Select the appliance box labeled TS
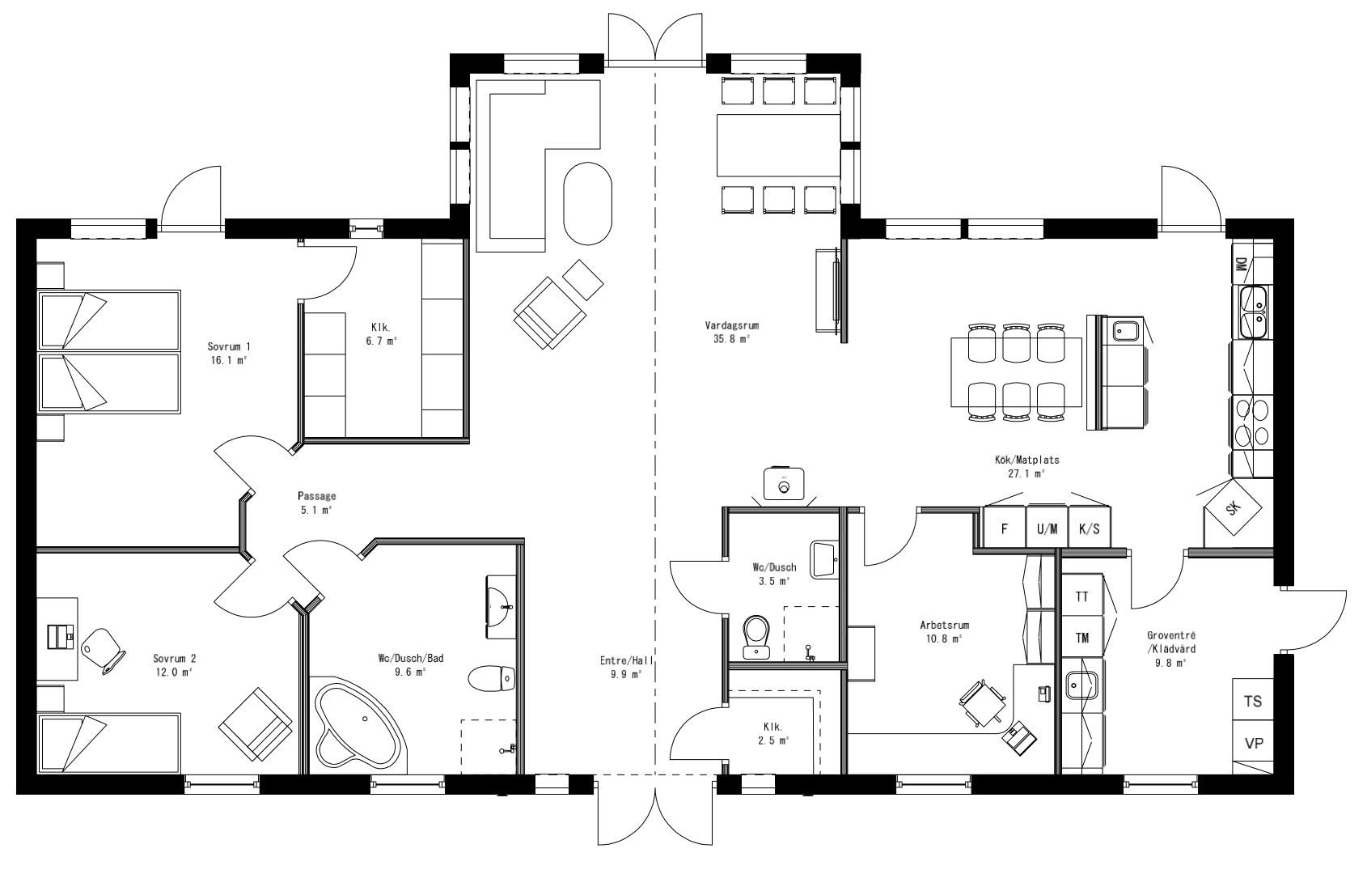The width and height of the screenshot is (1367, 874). coord(1253,702)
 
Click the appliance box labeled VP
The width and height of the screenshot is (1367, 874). coord(1253,743)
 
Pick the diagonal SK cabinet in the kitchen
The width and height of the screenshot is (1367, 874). coord(1232,508)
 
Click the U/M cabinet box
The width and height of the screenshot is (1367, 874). coord(1047,529)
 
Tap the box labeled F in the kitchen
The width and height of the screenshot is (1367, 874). coord(1005,529)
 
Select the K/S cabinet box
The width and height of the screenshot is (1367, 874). coord(1090,529)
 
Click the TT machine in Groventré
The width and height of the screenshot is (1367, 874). coord(1082,596)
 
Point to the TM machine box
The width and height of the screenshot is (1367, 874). coord(1082,638)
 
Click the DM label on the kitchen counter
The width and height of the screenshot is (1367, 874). coord(1241,263)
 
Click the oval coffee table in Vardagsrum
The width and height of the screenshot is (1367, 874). coord(588,203)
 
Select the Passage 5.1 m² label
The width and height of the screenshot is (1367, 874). coord(316,503)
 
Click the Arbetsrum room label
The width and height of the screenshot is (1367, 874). coord(944,631)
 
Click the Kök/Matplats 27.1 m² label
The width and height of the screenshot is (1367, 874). coord(1026,466)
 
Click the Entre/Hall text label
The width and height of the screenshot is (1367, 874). coord(626,667)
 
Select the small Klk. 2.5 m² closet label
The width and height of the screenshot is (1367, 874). coord(773,732)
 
